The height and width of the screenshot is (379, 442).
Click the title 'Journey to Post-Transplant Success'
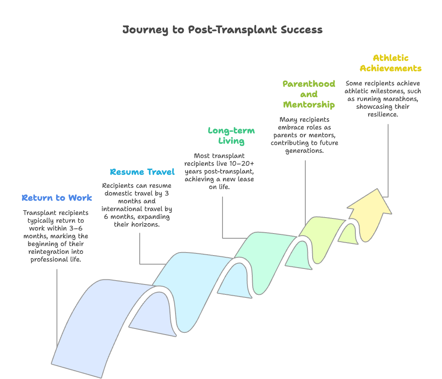coord(222,30)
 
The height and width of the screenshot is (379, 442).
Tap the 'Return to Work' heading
coord(57,198)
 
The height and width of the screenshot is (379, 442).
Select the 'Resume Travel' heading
coord(142,172)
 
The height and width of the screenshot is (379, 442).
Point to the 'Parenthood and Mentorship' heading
coord(309,94)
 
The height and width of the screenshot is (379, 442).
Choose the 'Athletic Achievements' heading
coord(391,63)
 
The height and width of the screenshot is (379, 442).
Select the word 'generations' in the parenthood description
coord(305,151)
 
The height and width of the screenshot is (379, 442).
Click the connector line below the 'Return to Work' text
coord(57,302)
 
